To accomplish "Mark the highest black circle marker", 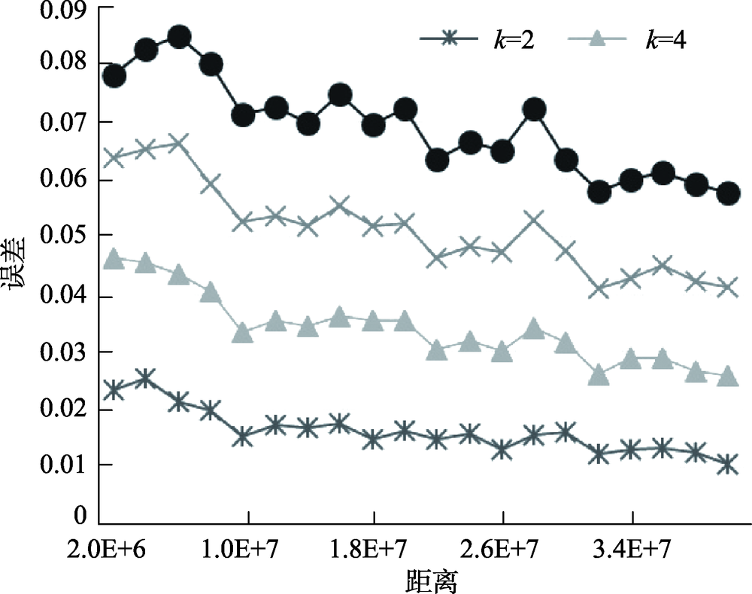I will coord(178,37).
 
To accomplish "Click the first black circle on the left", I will coord(114,75).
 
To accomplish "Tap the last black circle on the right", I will coord(728,193).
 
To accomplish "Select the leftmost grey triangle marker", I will coord(114,259).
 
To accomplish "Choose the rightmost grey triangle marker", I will coord(728,376).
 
